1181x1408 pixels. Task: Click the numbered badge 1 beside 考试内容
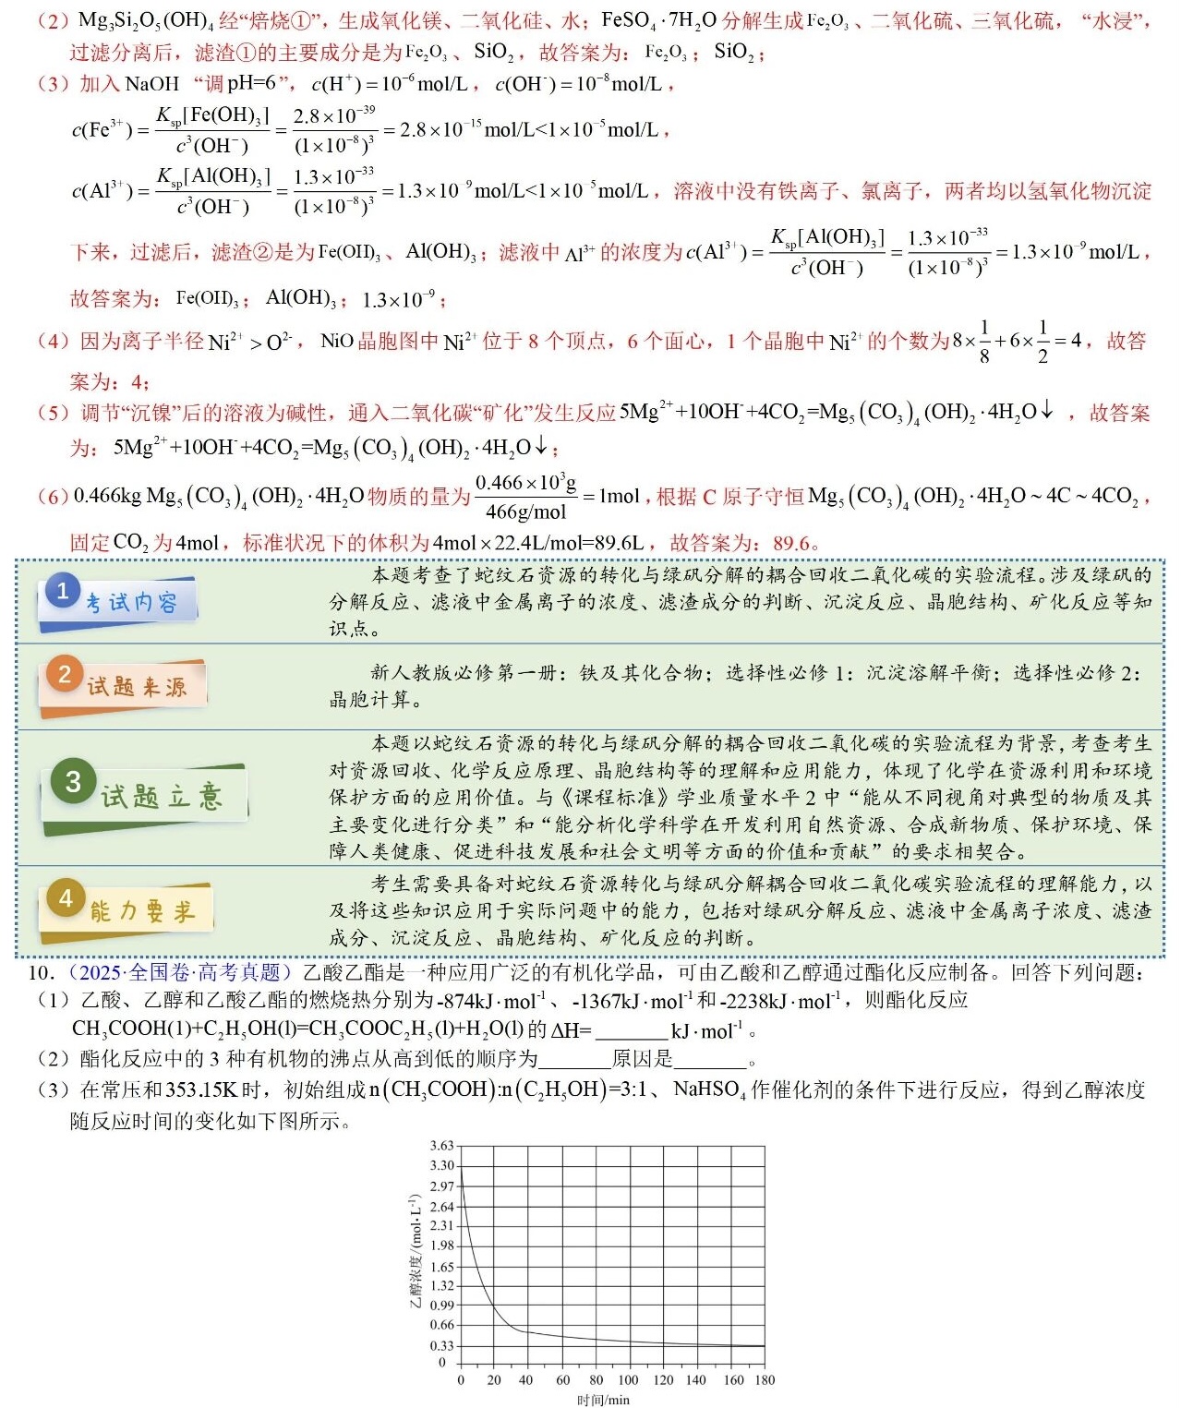coord(62,591)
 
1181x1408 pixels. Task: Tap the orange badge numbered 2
coord(64,675)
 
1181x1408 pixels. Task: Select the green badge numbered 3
coord(74,782)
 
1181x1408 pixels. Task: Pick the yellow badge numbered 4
coord(66,898)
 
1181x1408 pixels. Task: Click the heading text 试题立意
coord(162,796)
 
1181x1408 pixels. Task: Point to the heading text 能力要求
coord(142,912)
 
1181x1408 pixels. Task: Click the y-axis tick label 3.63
coord(442,1146)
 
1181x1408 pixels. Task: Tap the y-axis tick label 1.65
coord(442,1267)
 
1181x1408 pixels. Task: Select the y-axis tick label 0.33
coord(442,1345)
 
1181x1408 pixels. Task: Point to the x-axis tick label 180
coord(765,1380)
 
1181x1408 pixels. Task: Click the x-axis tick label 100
coord(628,1380)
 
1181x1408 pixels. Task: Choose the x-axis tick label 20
coord(494,1380)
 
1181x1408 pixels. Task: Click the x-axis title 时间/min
coord(604,1400)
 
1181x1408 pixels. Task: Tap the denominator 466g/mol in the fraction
coord(525,512)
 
